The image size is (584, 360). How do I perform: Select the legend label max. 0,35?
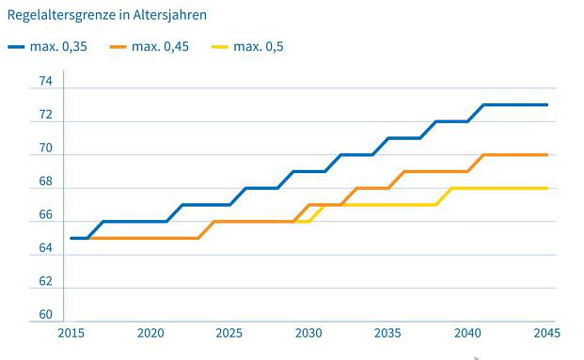[62, 46]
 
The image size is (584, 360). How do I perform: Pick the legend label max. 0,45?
[160, 46]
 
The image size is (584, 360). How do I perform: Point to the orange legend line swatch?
[118, 46]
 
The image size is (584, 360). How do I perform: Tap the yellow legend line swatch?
[218, 46]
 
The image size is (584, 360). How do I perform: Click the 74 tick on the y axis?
[44, 82]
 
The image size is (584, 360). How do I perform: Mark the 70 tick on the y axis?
[44, 149]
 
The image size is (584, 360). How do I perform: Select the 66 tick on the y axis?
[44, 215]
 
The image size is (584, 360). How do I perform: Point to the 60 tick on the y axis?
[44, 315]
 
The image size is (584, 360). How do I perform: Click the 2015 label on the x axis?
[71, 334]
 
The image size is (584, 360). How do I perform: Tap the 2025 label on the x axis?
[229, 334]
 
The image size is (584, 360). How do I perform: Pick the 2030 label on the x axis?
[309, 334]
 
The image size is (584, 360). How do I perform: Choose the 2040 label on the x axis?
[467, 334]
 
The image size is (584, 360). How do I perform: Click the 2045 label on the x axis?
[546, 334]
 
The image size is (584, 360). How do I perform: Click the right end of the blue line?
[546, 104]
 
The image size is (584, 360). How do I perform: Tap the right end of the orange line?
[546, 154]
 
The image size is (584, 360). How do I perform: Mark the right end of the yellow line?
[546, 188]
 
